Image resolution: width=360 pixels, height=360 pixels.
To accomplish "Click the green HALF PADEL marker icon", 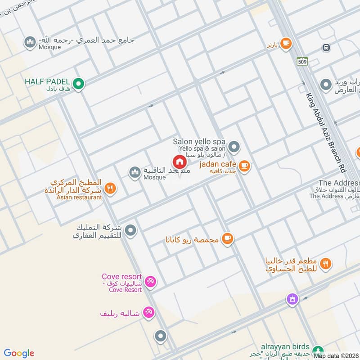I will point(79,84).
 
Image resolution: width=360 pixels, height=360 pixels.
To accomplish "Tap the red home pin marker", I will point(179,162).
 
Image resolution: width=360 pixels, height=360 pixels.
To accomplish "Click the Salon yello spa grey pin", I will point(234,147).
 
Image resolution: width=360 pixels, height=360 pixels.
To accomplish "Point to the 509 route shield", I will point(302,61).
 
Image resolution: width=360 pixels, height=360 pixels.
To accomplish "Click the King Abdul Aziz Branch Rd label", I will point(324,133).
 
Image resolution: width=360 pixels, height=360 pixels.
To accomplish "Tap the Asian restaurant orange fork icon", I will point(110,189).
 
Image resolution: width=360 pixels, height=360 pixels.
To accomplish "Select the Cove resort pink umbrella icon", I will point(151,281).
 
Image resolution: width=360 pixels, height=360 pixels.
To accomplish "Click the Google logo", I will point(19,353).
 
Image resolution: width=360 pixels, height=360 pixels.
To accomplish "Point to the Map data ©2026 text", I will point(336,356).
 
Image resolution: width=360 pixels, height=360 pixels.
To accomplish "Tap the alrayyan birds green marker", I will point(318,350).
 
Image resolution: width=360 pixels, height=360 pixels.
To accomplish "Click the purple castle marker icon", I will point(292,299).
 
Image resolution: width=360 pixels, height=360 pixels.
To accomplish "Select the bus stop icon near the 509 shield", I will point(325,48).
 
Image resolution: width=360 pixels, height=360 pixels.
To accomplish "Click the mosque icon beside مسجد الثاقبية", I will point(134,172).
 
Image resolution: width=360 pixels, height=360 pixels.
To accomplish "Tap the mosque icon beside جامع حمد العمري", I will point(31,42).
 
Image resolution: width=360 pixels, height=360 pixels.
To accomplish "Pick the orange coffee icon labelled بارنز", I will point(285,43).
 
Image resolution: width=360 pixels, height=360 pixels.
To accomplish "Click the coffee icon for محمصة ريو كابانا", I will point(228,238).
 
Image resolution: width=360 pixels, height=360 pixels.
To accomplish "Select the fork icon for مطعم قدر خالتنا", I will point(326,263).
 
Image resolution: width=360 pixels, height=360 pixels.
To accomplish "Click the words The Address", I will point(339,183).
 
